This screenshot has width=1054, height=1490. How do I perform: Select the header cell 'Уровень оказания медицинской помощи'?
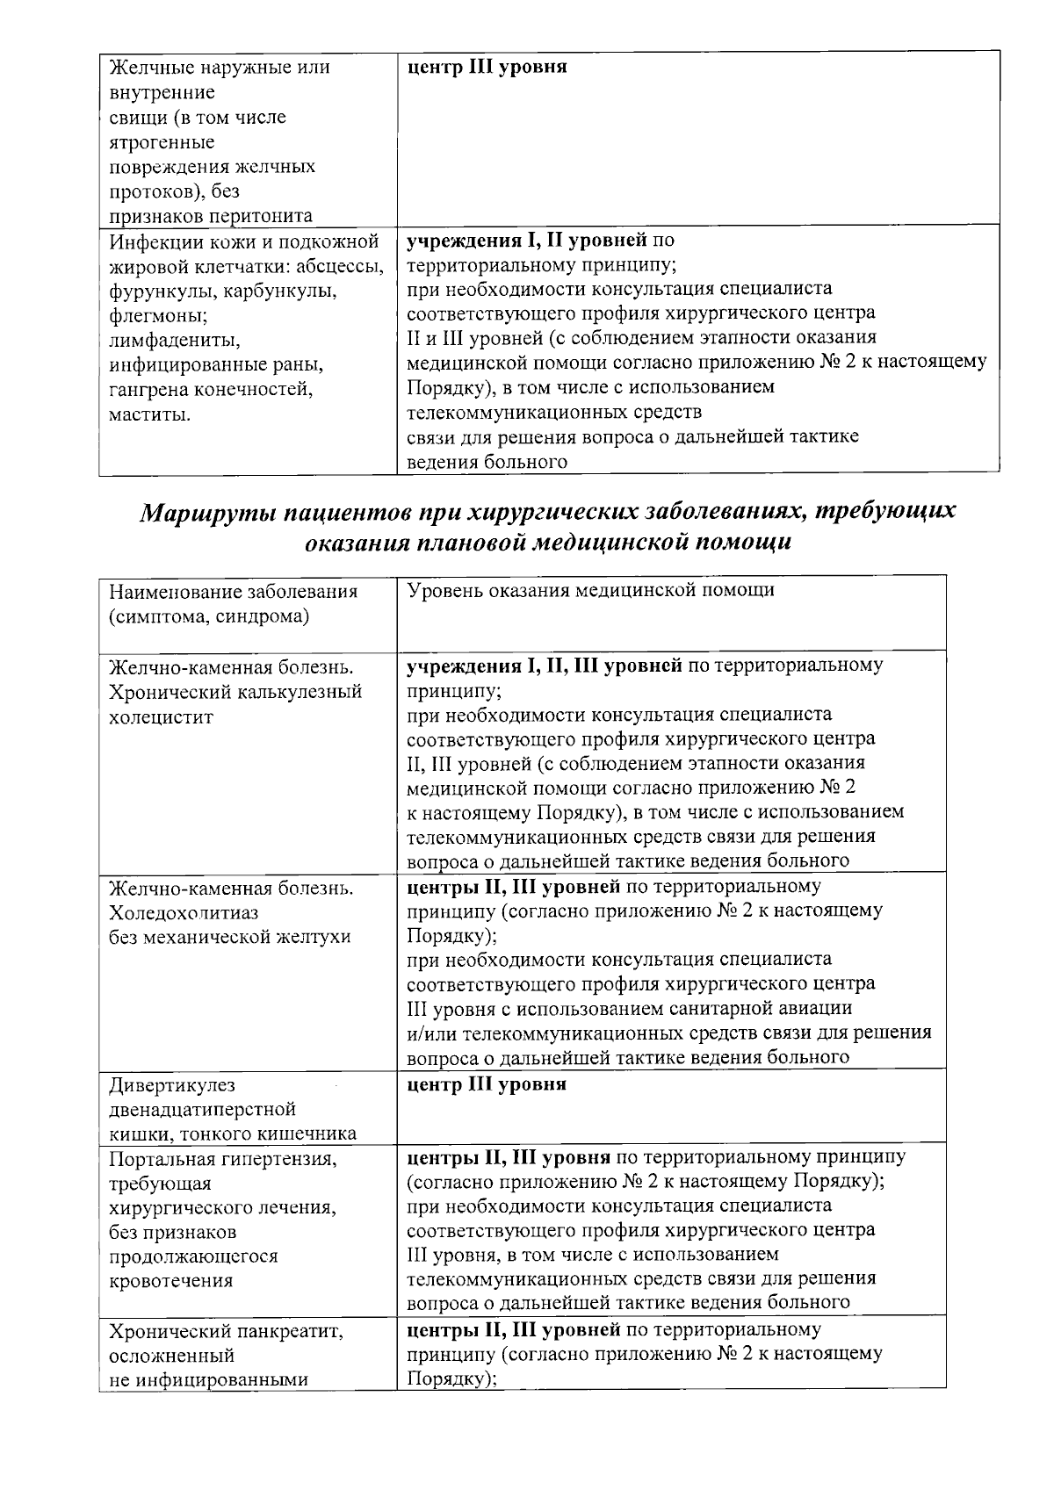pyautogui.click(x=591, y=591)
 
